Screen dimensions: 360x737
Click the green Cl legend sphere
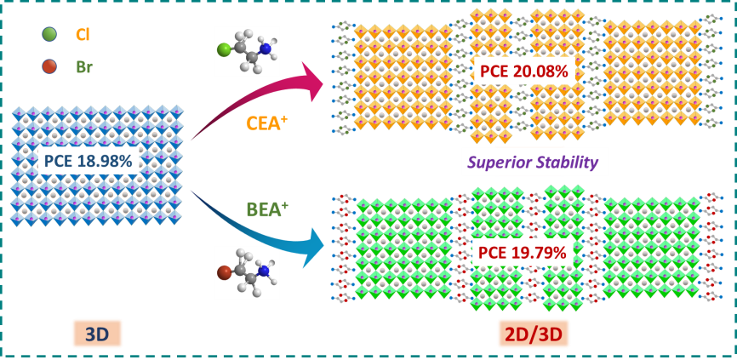coord(49,35)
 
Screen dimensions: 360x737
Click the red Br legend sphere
coord(49,66)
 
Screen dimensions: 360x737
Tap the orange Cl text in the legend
coord(83,35)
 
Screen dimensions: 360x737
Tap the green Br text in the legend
coord(83,67)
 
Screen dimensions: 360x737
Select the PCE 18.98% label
coord(89,160)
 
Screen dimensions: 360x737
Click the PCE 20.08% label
coord(523,71)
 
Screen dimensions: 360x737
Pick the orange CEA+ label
coord(266,123)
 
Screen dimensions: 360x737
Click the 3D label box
coord(97,334)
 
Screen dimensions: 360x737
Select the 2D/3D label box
coord(534,334)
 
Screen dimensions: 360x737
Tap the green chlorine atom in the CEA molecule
coord(224,50)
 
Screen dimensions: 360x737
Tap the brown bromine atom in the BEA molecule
coord(224,273)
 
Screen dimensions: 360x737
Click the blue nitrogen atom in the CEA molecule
coord(266,49)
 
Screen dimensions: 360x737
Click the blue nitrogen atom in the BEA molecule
coord(264,271)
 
